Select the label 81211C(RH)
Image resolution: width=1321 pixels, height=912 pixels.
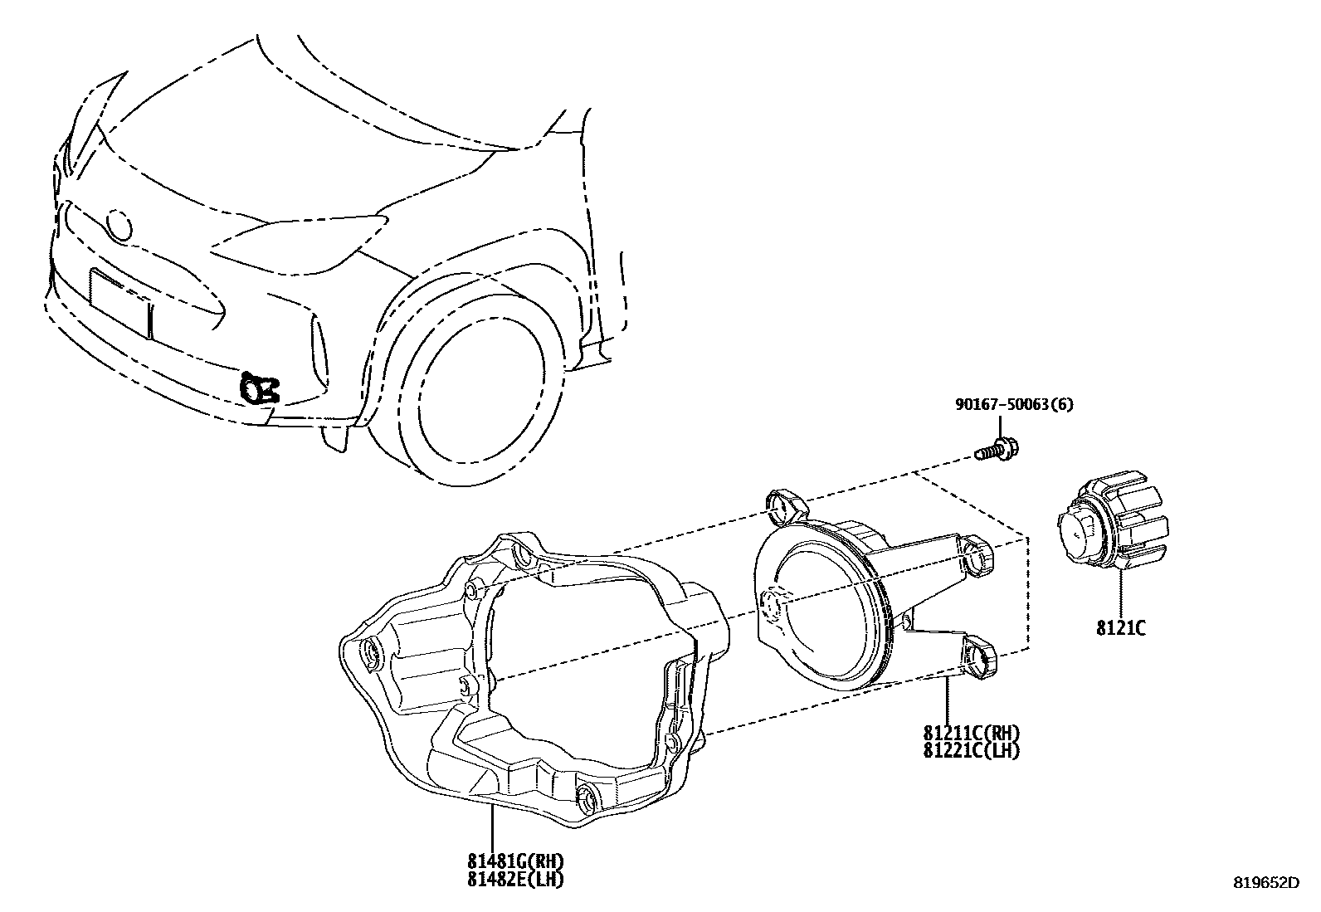point(971,734)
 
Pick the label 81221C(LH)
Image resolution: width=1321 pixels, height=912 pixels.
point(971,750)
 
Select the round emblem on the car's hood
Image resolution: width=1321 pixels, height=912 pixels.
point(119,225)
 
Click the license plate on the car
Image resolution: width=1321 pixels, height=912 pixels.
point(121,302)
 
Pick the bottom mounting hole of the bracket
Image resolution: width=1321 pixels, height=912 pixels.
point(587,797)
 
